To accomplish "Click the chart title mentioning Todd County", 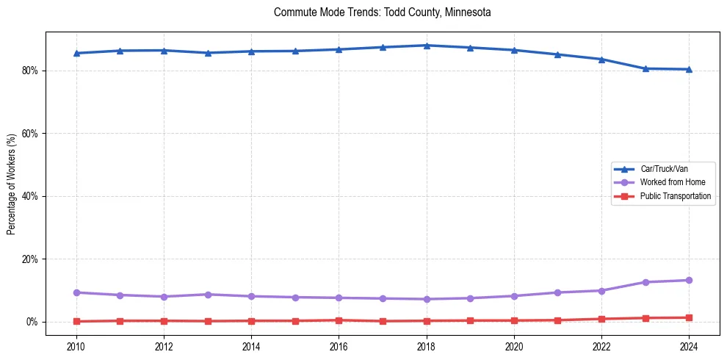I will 382,12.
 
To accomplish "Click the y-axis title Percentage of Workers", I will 12,184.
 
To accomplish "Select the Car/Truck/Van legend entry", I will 664,169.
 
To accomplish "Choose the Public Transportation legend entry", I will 675,196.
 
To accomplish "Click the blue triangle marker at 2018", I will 427,46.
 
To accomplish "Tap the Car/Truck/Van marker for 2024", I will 689,69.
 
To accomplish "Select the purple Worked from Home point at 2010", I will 76,292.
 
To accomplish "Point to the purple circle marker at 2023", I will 645,282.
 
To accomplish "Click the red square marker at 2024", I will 689,318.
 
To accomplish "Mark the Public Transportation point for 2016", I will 339,320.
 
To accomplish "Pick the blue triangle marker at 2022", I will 601,60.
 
